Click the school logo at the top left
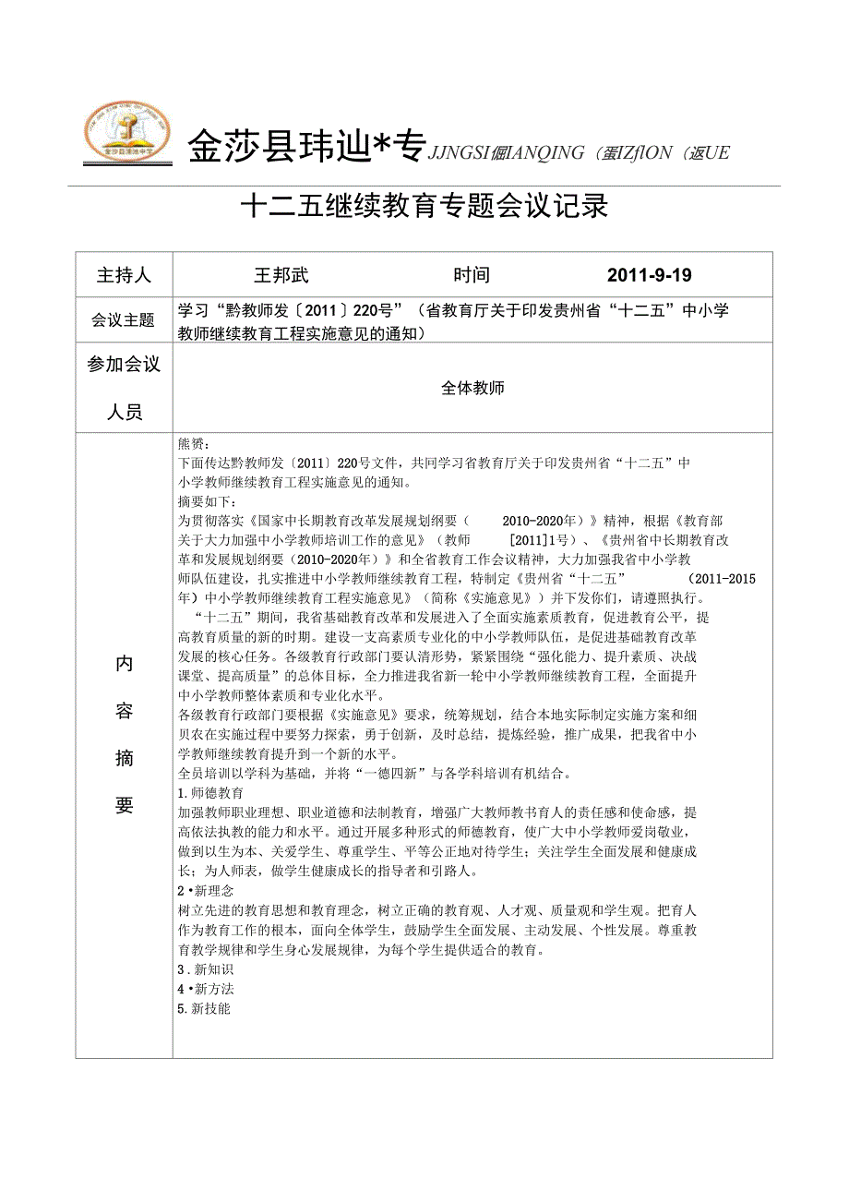tap(126, 134)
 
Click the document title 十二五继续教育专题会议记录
tap(424, 206)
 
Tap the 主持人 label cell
tap(124, 275)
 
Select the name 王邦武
tap(281, 275)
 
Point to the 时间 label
tap(472, 275)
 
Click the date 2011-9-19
tap(650, 275)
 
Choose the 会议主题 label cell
tap(124, 320)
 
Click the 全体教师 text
tap(472, 388)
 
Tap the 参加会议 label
tap(124, 365)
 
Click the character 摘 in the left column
tap(125, 759)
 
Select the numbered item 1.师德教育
tap(210, 793)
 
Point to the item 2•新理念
tap(206, 891)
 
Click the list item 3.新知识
tap(206, 969)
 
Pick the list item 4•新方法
tap(206, 989)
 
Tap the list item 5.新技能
tap(204, 1008)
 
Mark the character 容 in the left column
tap(125, 711)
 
